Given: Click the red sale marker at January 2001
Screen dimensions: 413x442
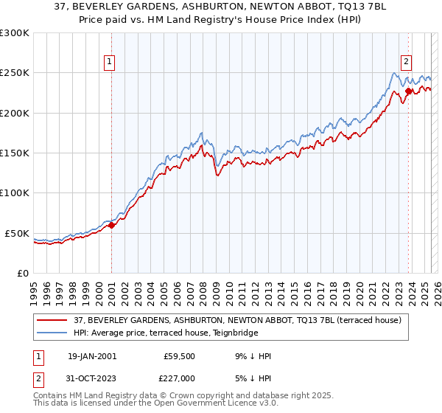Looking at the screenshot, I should (x=111, y=226).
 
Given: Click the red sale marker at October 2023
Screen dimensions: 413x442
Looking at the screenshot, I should (x=408, y=91).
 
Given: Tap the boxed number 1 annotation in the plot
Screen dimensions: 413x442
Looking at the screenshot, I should (x=109, y=63).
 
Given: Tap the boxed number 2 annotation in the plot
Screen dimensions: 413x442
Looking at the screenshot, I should (x=406, y=63).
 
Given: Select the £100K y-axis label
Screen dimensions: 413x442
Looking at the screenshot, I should (x=15, y=193).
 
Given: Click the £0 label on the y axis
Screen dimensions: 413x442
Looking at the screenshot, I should (x=22, y=273).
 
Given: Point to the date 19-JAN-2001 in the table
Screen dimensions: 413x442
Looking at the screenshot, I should (x=91, y=356).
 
